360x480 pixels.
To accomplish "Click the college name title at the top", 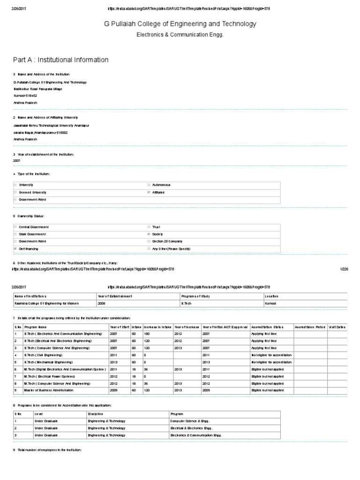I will [180, 23].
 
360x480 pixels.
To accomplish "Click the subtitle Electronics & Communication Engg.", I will [180, 34].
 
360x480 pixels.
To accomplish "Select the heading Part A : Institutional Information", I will [61, 60].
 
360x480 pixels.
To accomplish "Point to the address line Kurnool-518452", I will [26, 95].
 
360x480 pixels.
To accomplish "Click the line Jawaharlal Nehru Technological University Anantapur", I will [52, 126].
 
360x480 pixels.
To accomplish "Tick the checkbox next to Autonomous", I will [149, 185].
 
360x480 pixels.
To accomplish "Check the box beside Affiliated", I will [149, 192].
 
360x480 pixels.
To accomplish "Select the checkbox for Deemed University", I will [15, 192].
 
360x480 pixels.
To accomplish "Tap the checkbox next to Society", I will [149, 234].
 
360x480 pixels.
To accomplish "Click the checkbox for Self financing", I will [15, 248].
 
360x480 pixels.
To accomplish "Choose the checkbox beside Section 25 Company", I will [149, 241].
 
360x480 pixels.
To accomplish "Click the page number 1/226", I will [344, 270].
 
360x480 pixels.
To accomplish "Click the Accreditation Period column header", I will [310, 326].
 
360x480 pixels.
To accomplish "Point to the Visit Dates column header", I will [337, 326].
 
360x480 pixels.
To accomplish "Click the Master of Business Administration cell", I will [49, 390].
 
